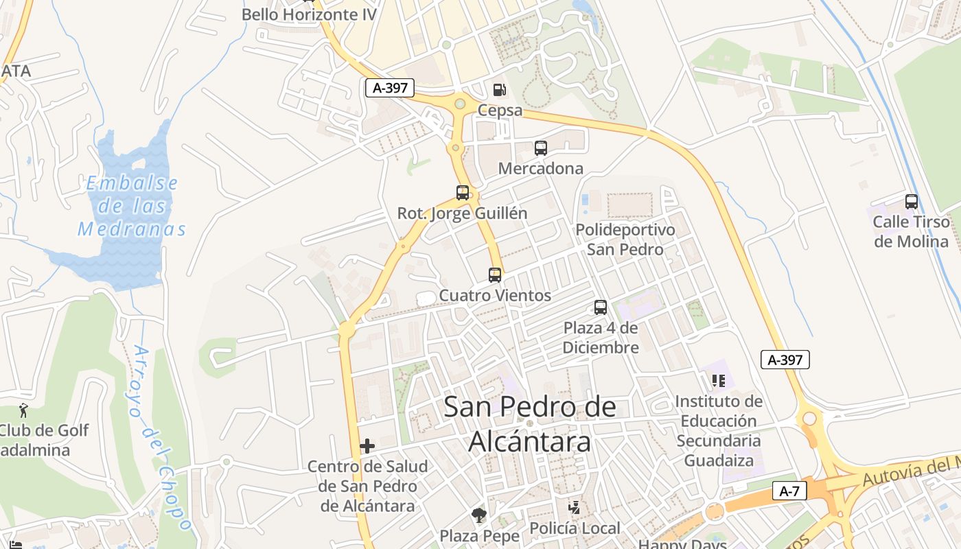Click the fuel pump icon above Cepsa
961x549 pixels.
click(499, 89)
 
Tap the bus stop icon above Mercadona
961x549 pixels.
click(541, 148)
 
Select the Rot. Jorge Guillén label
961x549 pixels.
click(462, 213)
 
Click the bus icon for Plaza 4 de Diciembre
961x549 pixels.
click(601, 307)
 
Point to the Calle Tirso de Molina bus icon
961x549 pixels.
click(912, 202)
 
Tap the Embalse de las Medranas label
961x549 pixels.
click(131, 206)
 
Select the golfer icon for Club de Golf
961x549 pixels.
click(24, 410)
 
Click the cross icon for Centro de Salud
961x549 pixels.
click(367, 446)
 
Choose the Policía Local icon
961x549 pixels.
click(574, 508)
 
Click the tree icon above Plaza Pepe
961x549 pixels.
click(478, 515)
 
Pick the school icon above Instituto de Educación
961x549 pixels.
click(719, 380)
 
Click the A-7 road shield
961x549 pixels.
click(789, 491)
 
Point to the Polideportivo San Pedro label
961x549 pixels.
click(625, 239)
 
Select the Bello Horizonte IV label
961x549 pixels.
click(310, 14)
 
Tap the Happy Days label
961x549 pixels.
click(682, 544)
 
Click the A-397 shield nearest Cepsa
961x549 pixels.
click(389, 88)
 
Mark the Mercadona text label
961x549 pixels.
click(541, 168)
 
